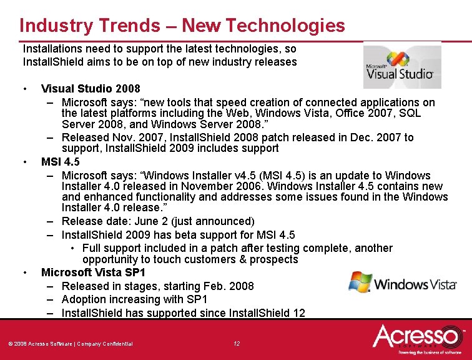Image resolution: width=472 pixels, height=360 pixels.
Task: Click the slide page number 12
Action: click(x=236, y=344)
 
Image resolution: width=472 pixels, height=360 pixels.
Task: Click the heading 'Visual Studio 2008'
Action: click(x=91, y=89)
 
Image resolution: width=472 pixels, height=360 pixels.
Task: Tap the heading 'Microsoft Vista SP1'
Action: click(x=93, y=272)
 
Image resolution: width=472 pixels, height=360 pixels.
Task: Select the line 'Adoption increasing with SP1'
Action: click(x=134, y=299)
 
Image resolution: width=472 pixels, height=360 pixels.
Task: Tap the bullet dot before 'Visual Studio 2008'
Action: click(x=24, y=89)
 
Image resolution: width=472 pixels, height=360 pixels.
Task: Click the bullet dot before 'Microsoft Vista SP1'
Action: click(x=24, y=272)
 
